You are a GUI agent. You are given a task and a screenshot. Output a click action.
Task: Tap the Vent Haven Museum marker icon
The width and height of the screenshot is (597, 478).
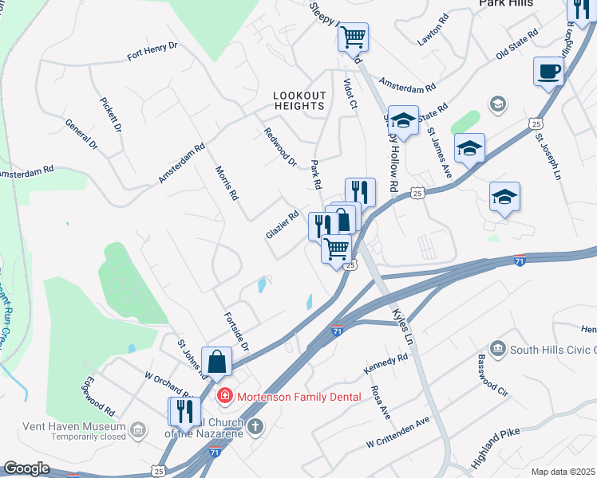(138, 430)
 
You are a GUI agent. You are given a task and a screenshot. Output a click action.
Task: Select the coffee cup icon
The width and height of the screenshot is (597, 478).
(548, 71)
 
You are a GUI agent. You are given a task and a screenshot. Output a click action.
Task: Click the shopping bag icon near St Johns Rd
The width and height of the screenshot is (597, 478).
(217, 362)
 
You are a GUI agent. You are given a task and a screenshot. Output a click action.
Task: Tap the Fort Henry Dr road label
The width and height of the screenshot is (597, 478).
(152, 52)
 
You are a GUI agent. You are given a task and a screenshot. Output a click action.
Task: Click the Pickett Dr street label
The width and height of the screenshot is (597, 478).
(110, 115)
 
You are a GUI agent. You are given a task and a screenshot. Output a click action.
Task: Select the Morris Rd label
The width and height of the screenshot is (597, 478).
(227, 183)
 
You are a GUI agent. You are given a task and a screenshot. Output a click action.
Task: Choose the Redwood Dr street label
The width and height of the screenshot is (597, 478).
(280, 147)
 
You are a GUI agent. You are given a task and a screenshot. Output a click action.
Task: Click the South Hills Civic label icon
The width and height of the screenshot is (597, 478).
(497, 348)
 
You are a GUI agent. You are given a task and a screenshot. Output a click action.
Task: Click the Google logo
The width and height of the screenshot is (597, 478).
(26, 468)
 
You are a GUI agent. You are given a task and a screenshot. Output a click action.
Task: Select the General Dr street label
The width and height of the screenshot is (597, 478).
(81, 135)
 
